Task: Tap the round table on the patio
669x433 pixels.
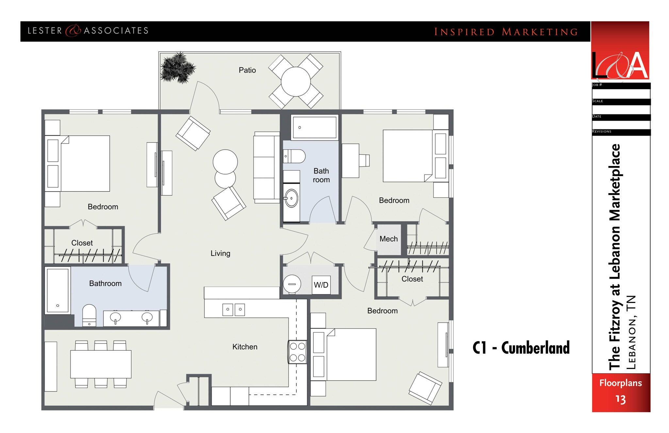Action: tap(296, 82)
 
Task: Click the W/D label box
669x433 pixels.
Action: tap(321, 285)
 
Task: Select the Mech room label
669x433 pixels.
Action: tap(388, 239)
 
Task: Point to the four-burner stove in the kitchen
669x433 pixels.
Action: tap(297, 352)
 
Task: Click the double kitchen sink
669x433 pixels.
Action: tap(234, 309)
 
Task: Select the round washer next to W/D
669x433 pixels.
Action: tap(292, 284)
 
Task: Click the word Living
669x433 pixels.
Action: tap(220, 253)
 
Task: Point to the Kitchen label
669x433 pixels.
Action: tap(245, 347)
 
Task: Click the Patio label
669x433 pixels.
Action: tap(247, 70)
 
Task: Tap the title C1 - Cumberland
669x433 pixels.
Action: tap(521, 348)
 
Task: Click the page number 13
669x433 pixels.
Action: tap(620, 399)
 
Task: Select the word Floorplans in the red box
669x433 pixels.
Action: tap(620, 383)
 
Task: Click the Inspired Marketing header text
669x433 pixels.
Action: tap(506, 32)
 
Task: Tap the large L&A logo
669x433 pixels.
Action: tap(620, 65)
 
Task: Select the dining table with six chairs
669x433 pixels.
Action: tap(101, 364)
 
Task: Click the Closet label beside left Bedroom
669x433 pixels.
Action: tap(82, 243)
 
